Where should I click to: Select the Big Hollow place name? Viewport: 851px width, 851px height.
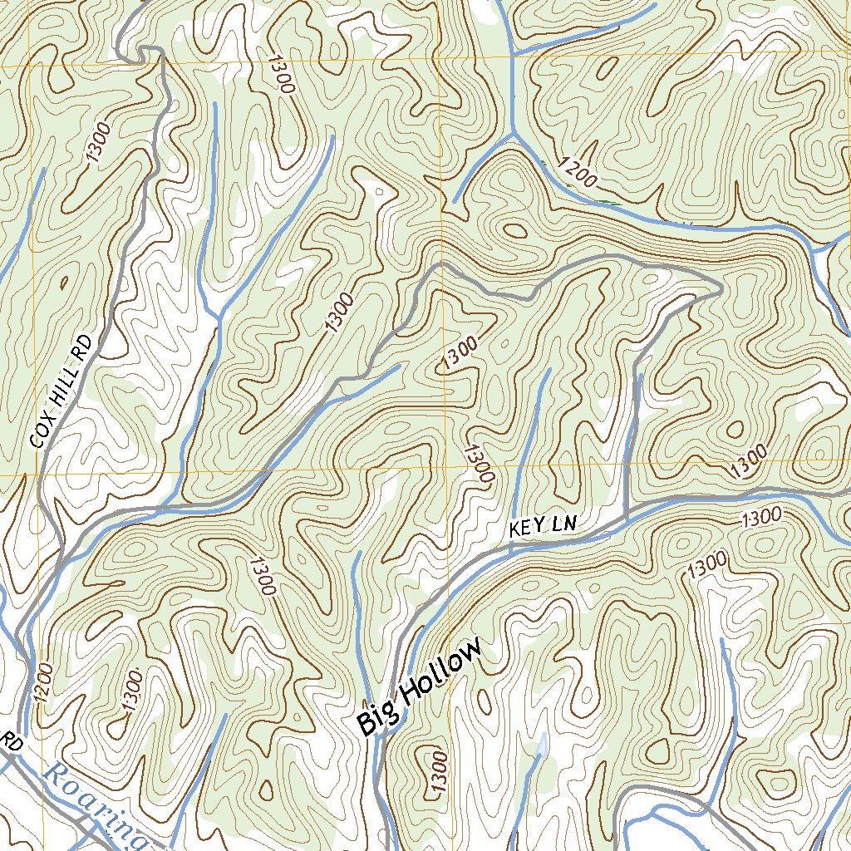[x=420, y=686]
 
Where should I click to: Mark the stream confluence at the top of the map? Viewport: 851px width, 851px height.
[x=513, y=133]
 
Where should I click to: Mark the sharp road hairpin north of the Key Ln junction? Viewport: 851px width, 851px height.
[x=716, y=288]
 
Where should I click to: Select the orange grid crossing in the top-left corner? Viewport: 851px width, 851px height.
[x=31, y=64]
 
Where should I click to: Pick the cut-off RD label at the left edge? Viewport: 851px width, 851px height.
[x=12, y=742]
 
